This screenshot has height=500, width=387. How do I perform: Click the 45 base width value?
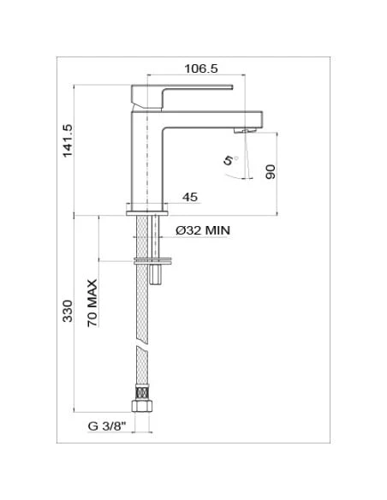(189, 198)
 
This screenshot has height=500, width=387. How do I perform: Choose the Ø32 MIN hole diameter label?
(203, 230)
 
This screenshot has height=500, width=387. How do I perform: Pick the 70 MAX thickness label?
(92, 304)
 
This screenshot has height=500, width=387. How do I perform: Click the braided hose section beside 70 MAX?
(142, 308)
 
